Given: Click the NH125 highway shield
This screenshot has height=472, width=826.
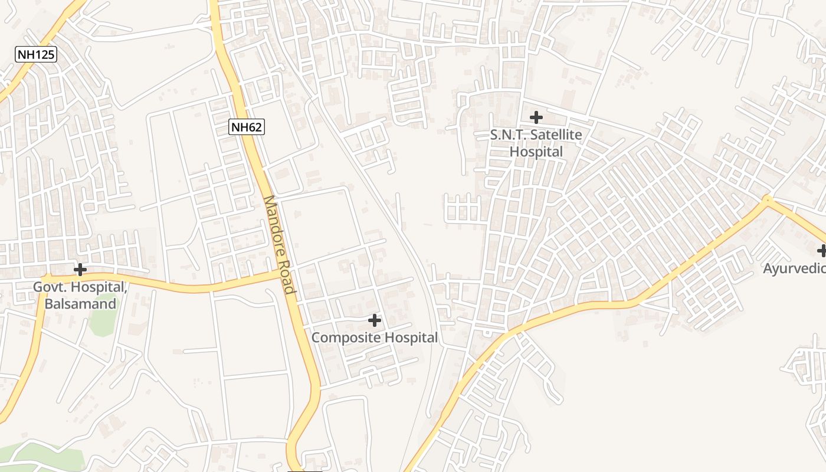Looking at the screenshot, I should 35,55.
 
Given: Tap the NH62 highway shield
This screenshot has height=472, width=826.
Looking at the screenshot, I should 247,126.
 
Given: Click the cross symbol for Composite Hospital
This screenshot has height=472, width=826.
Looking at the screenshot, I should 374,320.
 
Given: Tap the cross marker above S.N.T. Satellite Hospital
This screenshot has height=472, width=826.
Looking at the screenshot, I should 536,117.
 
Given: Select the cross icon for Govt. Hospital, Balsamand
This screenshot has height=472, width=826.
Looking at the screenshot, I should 80,270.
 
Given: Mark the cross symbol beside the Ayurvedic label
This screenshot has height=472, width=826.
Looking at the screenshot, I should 822,251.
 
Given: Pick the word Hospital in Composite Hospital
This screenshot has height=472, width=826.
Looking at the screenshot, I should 411,338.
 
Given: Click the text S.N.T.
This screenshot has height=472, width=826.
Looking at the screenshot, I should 509,135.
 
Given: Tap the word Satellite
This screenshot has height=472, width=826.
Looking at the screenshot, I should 556,135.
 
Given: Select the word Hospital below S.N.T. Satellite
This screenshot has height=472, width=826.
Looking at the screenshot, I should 536,152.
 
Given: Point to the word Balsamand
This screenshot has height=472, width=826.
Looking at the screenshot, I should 80,304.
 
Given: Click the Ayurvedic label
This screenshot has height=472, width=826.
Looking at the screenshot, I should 794,269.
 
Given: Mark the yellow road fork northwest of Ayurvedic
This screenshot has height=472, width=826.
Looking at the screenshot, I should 766,200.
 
